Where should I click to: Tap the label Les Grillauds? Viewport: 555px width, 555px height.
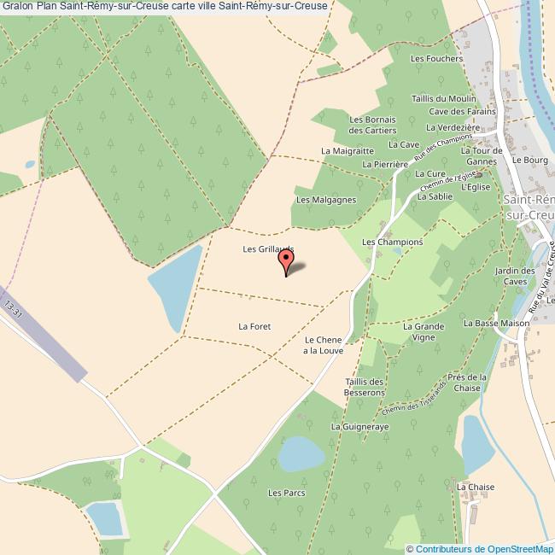click(x=268, y=249)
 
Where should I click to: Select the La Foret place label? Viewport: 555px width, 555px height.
click(x=254, y=326)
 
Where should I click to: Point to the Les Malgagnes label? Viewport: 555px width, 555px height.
click(x=325, y=200)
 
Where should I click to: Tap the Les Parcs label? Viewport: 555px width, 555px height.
click(x=286, y=493)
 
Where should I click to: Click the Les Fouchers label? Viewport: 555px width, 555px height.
click(x=436, y=59)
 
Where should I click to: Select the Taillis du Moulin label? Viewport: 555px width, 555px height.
click(x=443, y=98)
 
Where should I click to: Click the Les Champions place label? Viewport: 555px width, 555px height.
click(x=393, y=242)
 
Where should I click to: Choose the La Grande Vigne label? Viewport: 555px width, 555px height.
click(x=424, y=332)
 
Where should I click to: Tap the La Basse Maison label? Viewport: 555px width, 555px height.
click(x=496, y=324)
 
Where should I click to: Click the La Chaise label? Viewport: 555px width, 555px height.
click(x=476, y=487)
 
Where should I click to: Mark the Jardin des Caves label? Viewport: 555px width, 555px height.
click(x=515, y=276)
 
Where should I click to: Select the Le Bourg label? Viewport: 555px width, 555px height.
click(x=529, y=160)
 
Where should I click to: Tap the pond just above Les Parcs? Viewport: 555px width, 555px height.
click(x=301, y=453)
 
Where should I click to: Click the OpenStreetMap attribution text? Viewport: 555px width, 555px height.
click(x=479, y=549)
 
